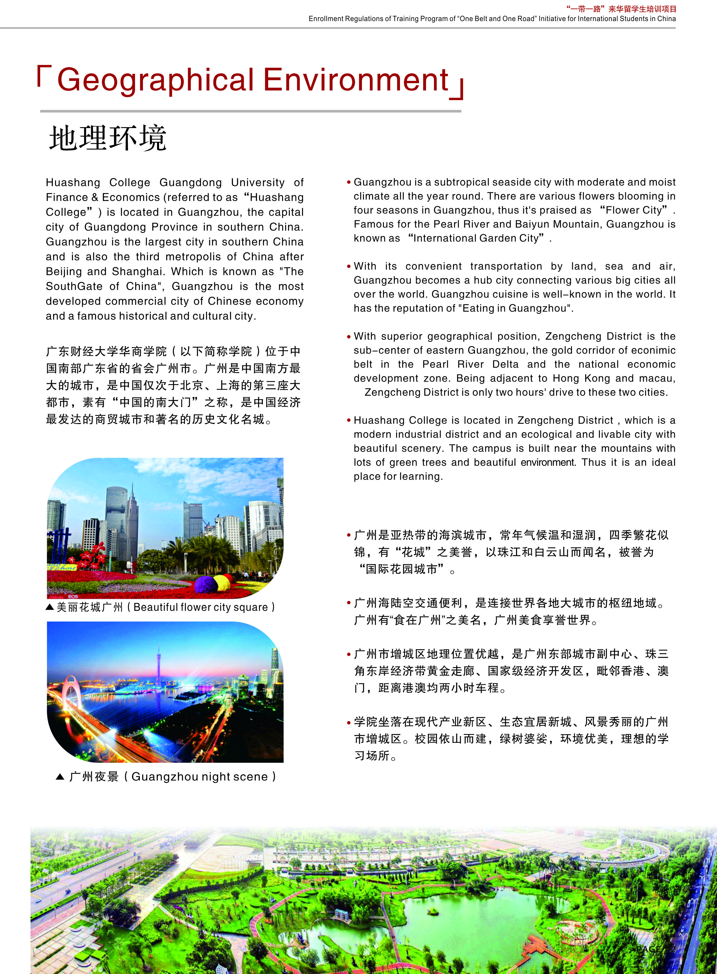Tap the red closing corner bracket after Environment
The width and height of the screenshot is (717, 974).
tap(458, 89)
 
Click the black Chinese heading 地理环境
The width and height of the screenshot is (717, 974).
tap(108, 138)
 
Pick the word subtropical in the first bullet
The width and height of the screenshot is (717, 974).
tap(463, 182)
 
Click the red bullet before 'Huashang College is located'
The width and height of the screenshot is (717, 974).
tap(348, 420)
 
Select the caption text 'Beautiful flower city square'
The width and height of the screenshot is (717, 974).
tap(200, 607)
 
